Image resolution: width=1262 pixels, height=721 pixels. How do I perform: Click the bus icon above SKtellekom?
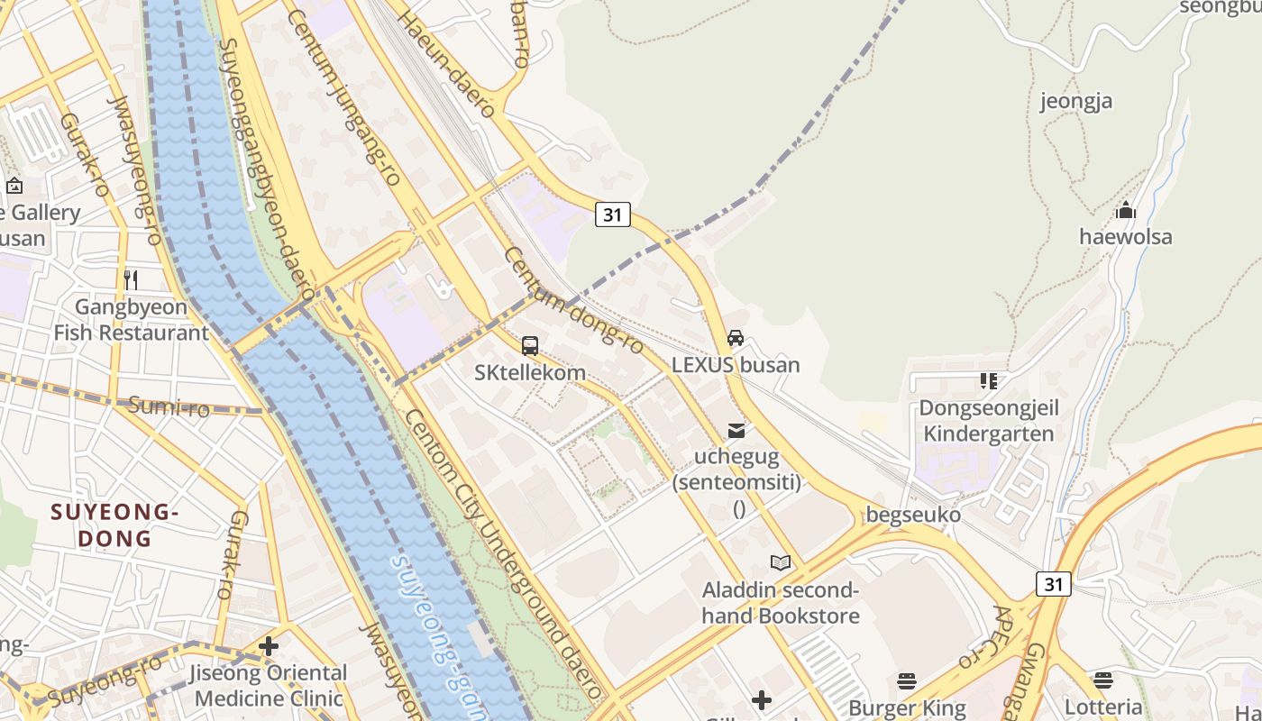[x=530, y=345]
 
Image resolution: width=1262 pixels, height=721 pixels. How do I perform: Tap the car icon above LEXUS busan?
[x=736, y=338]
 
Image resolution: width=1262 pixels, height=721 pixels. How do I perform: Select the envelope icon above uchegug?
[x=737, y=430]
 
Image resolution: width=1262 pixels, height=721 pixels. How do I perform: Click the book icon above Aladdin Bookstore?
[x=781, y=563]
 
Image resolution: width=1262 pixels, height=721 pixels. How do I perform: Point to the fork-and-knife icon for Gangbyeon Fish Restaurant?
[x=131, y=279]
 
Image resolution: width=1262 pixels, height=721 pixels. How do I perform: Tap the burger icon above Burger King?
[x=907, y=680]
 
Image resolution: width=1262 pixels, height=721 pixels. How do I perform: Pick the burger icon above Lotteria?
[x=1103, y=680]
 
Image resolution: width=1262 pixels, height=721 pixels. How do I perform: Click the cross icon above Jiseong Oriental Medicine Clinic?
[x=268, y=646]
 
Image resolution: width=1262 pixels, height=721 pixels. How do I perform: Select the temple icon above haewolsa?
[x=1125, y=211]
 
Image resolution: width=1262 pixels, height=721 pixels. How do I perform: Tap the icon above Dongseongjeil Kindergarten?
[x=989, y=381]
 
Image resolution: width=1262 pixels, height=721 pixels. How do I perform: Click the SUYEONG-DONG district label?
[x=114, y=525]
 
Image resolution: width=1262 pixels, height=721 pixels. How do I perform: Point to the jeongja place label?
[x=1076, y=101]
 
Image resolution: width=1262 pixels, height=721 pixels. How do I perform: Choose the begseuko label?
[x=913, y=515]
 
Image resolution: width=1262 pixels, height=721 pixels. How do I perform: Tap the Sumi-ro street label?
[x=169, y=406]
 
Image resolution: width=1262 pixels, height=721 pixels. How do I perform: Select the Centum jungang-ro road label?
[x=343, y=97]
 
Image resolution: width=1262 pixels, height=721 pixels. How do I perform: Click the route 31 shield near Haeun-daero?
[x=612, y=214]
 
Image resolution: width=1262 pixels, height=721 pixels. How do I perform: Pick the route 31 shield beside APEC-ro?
[x=1053, y=584]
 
